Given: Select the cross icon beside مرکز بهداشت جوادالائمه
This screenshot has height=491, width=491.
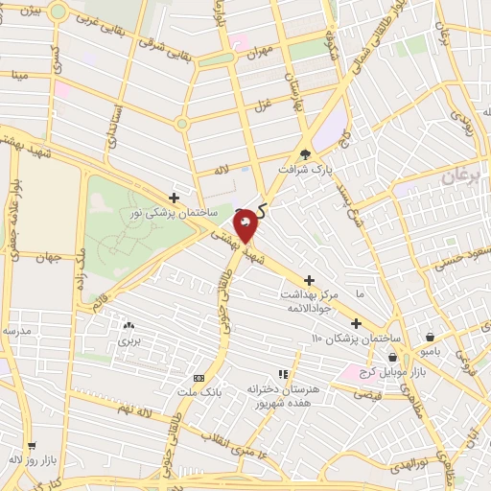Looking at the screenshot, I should pos(308,279).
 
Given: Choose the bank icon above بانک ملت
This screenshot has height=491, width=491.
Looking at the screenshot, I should pos(199,378).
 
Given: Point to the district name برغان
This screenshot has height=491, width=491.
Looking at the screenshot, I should pos(463,177).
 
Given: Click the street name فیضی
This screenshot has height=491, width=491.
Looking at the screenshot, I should pos(369,394).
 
